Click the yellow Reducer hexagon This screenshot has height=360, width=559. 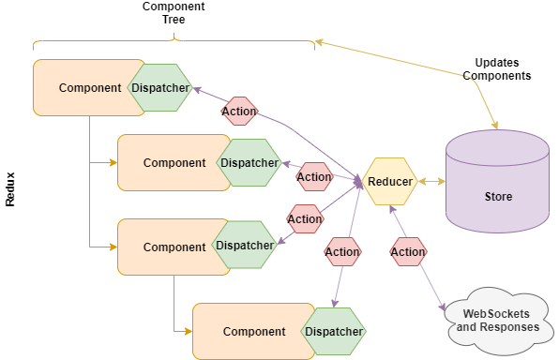390,182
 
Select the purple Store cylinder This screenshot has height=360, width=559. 497,182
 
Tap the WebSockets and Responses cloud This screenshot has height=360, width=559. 498,322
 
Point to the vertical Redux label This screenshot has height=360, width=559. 10,189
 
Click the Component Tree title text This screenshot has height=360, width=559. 174,13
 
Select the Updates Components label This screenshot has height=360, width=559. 497,69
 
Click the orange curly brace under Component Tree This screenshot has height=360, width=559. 174,41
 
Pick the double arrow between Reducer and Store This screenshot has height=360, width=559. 431,182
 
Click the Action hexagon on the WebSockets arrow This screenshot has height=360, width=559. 408,251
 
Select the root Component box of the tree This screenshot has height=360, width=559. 89,88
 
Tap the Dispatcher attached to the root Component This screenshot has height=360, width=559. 160,88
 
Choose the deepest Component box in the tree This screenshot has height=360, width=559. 254,332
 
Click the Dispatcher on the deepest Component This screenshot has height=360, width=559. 333,332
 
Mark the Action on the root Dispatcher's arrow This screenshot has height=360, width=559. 239,112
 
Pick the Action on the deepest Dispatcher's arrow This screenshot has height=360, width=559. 342,251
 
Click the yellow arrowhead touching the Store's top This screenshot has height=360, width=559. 494,125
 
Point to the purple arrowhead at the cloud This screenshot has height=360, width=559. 443,307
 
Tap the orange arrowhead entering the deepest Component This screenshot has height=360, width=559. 189,332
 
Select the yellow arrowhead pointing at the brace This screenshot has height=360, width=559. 320,42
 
